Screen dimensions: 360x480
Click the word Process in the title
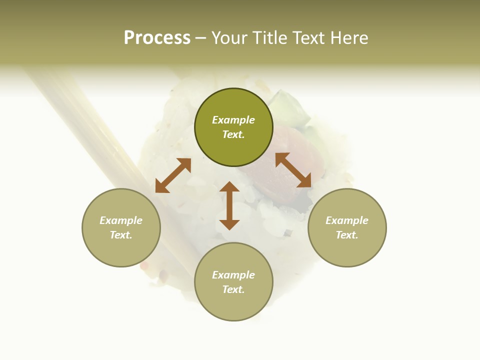(157, 38)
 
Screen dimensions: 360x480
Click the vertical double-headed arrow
(229, 205)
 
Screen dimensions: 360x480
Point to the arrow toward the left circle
(173, 175)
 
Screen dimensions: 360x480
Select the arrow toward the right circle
(293, 170)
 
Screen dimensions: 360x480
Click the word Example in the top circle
(233, 120)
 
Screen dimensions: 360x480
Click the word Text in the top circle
(233, 134)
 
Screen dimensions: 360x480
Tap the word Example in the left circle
(121, 220)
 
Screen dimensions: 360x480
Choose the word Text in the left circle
(121, 235)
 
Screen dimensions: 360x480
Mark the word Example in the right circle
(347, 220)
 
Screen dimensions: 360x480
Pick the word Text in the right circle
(347, 235)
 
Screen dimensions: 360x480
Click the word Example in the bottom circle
(233, 275)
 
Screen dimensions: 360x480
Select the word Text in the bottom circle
(233, 289)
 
